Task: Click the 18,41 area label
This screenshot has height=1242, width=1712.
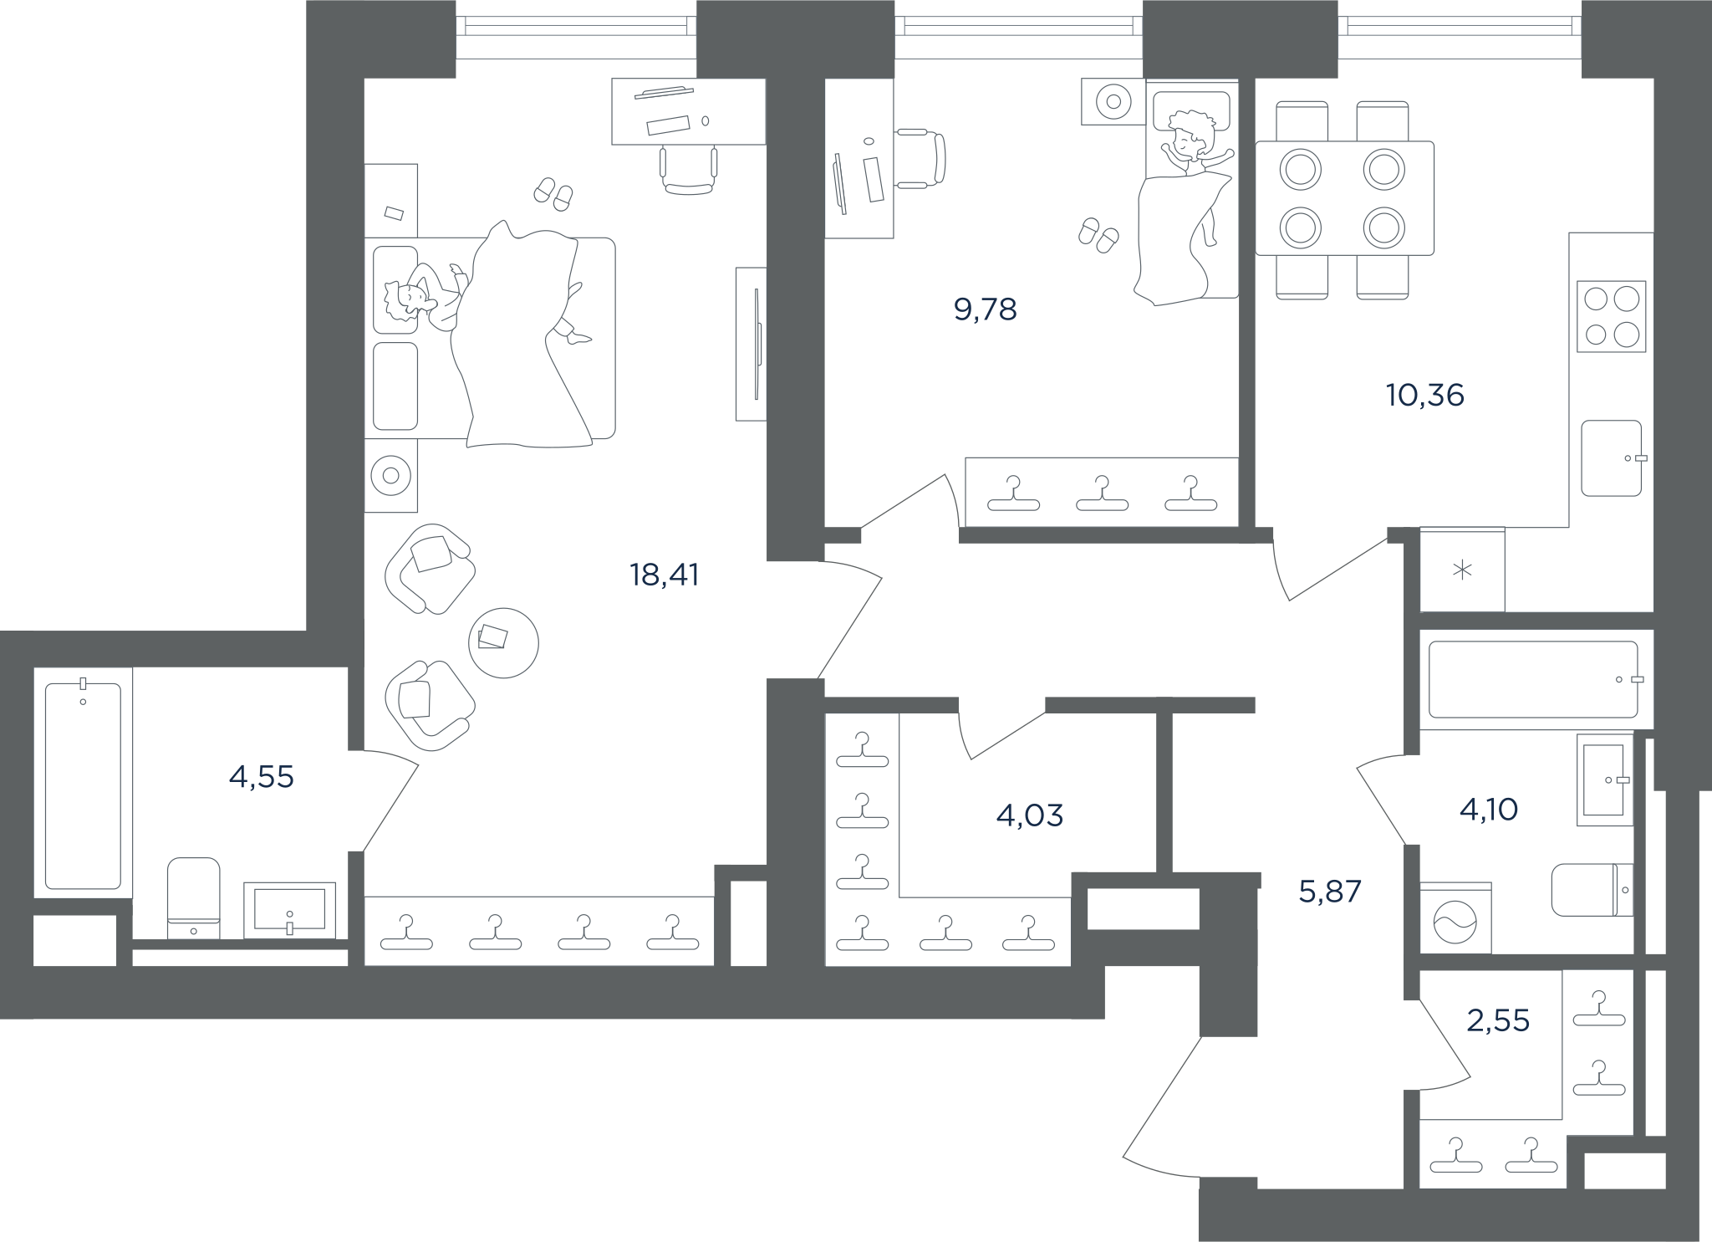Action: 664,575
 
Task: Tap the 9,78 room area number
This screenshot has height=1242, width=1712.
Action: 985,309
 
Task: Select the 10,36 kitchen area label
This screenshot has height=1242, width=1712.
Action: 1424,395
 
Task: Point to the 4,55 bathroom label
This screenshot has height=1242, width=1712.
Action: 261,777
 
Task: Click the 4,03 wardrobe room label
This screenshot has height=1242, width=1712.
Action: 1030,815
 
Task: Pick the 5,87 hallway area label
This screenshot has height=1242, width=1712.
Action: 1330,892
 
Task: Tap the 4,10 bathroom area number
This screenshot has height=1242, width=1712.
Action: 1489,810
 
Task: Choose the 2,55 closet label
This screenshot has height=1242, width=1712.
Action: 1498,1020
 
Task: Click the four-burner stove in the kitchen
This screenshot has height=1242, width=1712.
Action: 1612,316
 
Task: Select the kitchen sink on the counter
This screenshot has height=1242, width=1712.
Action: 1612,457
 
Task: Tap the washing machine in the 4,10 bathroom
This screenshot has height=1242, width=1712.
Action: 1455,917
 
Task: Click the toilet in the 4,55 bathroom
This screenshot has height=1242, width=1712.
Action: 194,897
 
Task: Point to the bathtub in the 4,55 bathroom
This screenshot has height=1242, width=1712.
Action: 83,784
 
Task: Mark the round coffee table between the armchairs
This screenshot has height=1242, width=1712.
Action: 503,642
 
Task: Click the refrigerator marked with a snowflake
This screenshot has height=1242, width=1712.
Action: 1462,570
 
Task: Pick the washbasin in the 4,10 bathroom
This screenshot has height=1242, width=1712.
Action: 1605,779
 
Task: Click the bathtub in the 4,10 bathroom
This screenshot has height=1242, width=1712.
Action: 1533,679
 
